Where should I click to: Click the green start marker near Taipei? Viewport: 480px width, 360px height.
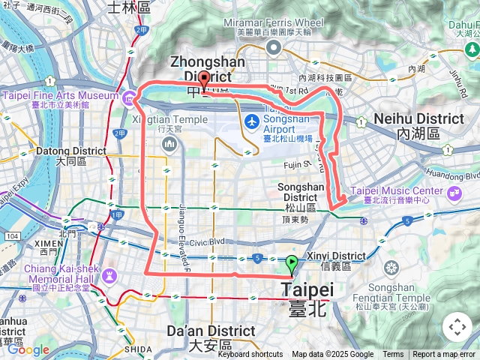(x=291, y=264)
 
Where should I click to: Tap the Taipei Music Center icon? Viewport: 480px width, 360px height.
(x=455, y=193)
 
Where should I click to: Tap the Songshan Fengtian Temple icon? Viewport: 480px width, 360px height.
(x=391, y=268)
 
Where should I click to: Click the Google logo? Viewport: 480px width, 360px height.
(x=28, y=349)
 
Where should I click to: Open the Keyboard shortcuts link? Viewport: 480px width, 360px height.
(x=250, y=355)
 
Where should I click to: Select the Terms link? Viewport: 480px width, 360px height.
(x=393, y=355)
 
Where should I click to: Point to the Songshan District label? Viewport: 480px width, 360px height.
(x=301, y=187)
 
